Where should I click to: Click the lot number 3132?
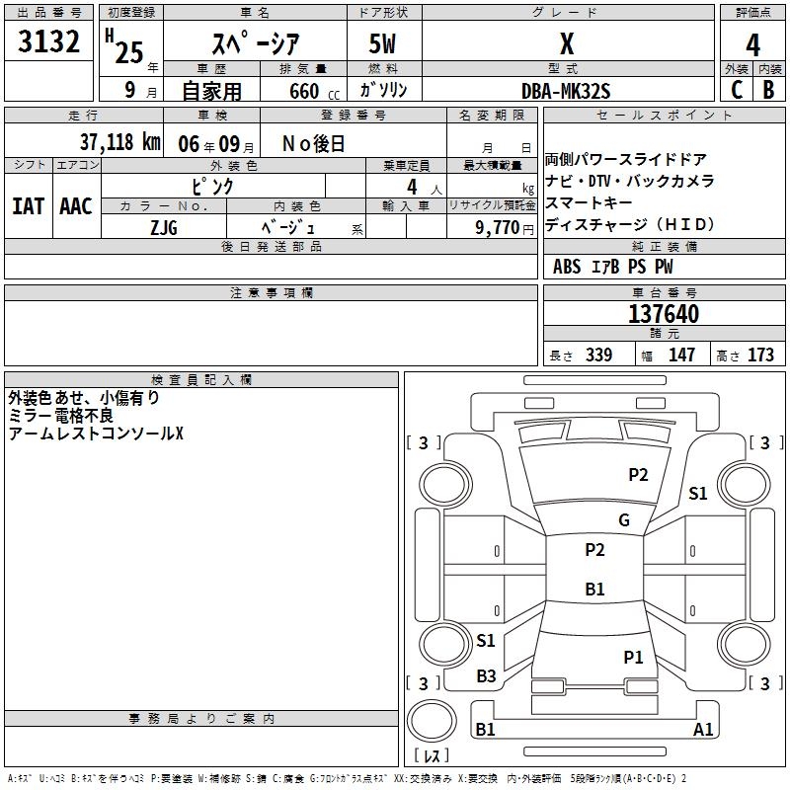49,44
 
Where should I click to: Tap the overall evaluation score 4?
753,44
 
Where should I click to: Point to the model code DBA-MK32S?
567,91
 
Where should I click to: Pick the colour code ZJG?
164,226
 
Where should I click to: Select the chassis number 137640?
664,314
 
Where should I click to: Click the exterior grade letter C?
736,90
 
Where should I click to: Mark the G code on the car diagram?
623,520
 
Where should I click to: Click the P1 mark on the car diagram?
633,657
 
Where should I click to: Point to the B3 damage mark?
486,676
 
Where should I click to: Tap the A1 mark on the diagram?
703,730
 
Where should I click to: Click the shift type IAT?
28,206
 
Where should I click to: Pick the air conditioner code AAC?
76,206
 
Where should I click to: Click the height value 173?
760,355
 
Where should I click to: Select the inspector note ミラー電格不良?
60,416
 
